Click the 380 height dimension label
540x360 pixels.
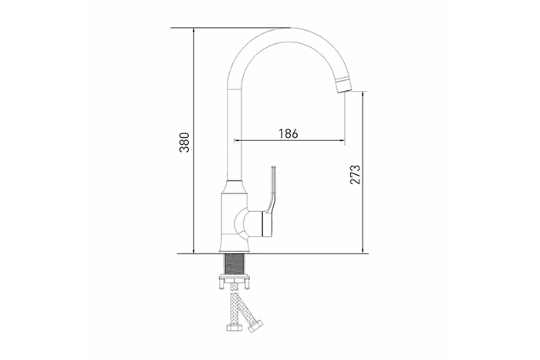[184, 142]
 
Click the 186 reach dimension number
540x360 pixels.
[289, 133]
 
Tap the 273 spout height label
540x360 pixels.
[355, 174]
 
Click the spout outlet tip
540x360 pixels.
[343, 86]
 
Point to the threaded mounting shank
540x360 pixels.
[235, 264]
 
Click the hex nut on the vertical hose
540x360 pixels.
[235, 327]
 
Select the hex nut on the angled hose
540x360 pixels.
[255, 326]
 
